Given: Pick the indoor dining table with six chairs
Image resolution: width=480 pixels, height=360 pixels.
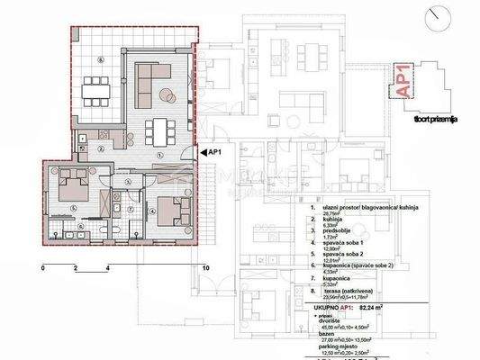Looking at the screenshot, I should [x=163, y=131].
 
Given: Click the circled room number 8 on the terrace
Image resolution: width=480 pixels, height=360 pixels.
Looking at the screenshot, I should [x=102, y=60].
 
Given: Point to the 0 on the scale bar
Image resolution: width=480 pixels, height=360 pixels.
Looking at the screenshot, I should [x=43, y=268].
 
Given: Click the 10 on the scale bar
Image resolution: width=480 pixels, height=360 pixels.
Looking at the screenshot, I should [x=206, y=268].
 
